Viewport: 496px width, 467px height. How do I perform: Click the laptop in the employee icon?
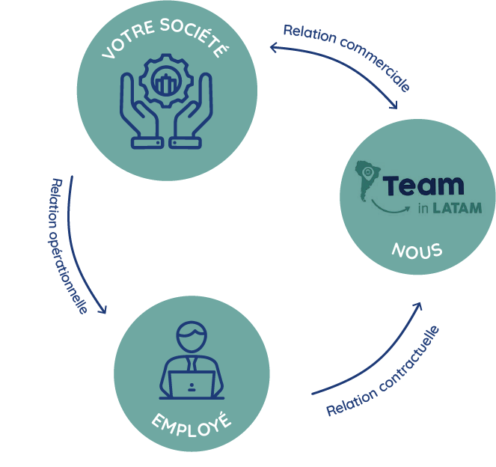[x=192, y=385]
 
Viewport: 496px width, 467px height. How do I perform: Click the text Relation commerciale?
[x=346, y=56]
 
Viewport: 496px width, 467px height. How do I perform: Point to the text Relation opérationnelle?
[x=68, y=244]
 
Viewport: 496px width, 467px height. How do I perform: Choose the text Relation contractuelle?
[x=383, y=372]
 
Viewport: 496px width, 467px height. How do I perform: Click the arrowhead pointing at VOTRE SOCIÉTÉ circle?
[x=275, y=48]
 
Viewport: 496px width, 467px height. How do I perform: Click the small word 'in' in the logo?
[x=423, y=208]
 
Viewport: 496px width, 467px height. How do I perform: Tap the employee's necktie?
[x=192, y=364]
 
